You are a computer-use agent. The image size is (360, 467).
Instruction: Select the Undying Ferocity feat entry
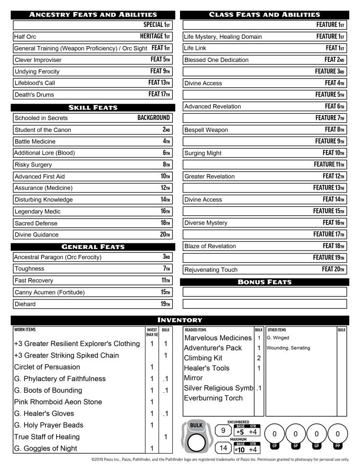click(37, 72)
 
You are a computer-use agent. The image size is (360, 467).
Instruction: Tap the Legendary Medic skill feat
click(36, 212)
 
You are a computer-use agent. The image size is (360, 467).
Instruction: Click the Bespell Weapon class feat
click(206, 130)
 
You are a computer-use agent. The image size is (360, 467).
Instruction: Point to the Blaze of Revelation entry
click(210, 246)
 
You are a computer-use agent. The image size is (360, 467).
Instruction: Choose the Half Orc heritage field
click(25, 36)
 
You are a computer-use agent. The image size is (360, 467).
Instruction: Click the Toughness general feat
click(29, 269)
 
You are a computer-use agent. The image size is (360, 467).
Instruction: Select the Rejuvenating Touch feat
click(211, 270)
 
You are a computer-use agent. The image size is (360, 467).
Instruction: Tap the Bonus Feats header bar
click(264, 282)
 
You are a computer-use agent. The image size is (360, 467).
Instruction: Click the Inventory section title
click(180, 320)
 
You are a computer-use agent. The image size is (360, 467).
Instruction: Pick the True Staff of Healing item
click(47, 437)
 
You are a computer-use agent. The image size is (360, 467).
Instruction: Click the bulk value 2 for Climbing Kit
click(259, 358)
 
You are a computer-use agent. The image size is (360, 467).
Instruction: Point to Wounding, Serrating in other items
click(288, 348)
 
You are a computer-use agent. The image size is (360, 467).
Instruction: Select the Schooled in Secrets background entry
click(41, 118)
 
